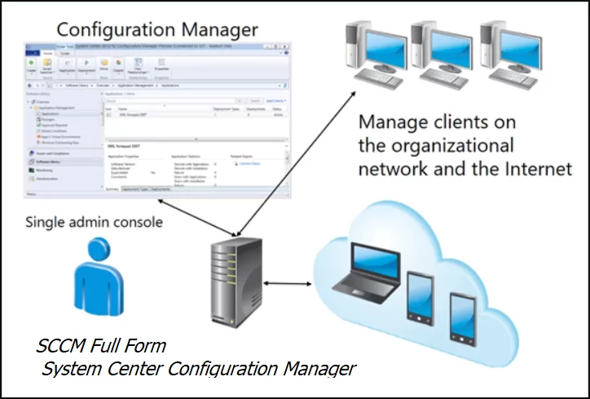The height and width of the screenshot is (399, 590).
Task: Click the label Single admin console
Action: click(94, 221)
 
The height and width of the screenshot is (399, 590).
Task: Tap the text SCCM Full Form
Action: click(101, 346)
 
